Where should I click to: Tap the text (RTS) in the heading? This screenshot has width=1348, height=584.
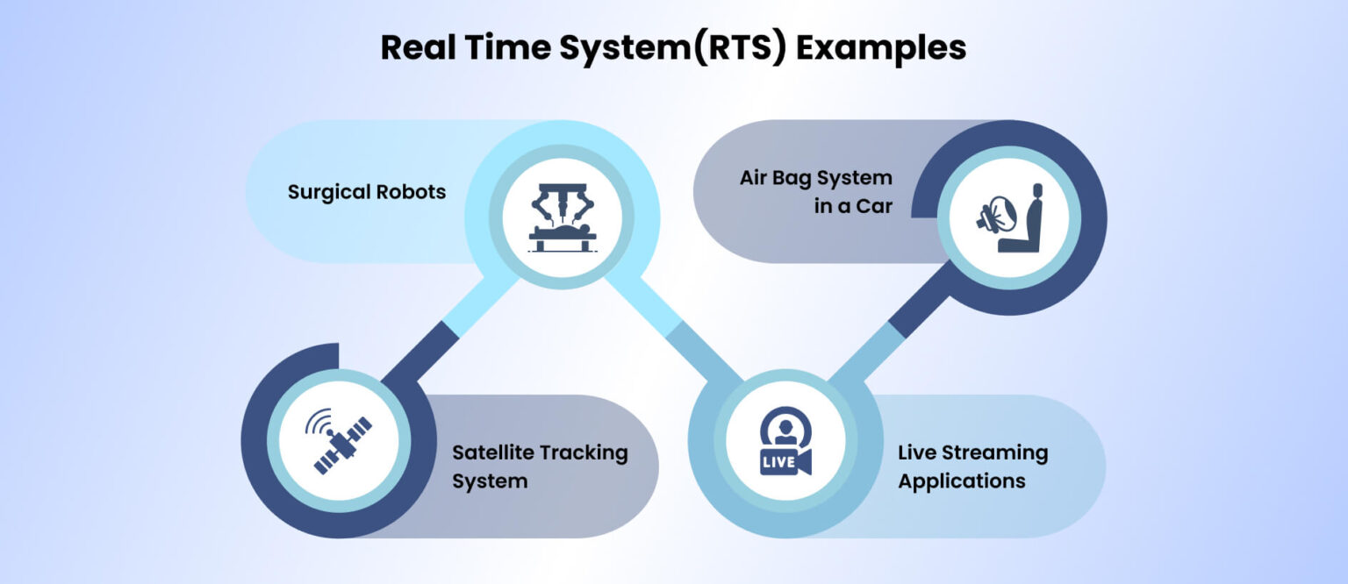pyautogui.click(x=747, y=47)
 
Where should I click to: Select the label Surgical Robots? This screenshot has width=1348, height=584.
pyautogui.click(x=367, y=191)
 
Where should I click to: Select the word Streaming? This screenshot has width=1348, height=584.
pyautogui.click(x=993, y=452)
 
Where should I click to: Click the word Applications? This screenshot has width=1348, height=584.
pyautogui.click(x=961, y=481)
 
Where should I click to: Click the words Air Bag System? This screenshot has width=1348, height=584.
pyautogui.click(x=815, y=178)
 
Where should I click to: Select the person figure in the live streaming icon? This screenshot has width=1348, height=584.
pyautogui.click(x=785, y=430)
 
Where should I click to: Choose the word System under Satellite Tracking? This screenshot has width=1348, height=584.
pyautogui.click(x=490, y=481)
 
